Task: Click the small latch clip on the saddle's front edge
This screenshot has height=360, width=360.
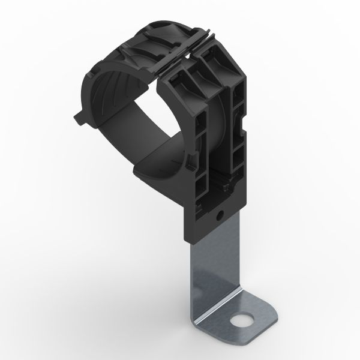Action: [x=191, y=159]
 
